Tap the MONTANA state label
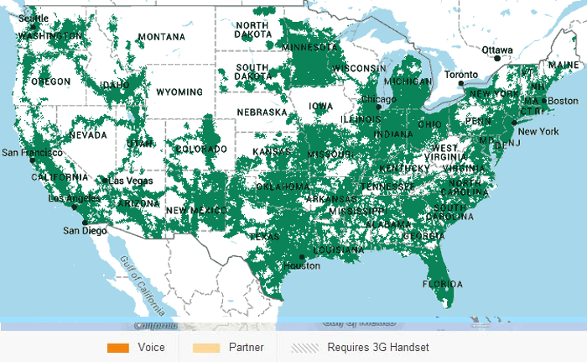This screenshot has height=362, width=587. (161, 37)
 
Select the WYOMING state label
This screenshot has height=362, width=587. (179, 92)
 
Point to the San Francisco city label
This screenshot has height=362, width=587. (31, 153)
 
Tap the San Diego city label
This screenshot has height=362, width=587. (84, 230)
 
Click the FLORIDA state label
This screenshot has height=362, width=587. (442, 284)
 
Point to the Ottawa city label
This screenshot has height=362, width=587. (496, 50)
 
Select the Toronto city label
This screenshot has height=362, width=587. (460, 75)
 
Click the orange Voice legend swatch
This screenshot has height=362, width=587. (117, 347)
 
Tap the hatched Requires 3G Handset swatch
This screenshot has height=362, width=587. (305, 347)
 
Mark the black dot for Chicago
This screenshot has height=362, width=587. (378, 107)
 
